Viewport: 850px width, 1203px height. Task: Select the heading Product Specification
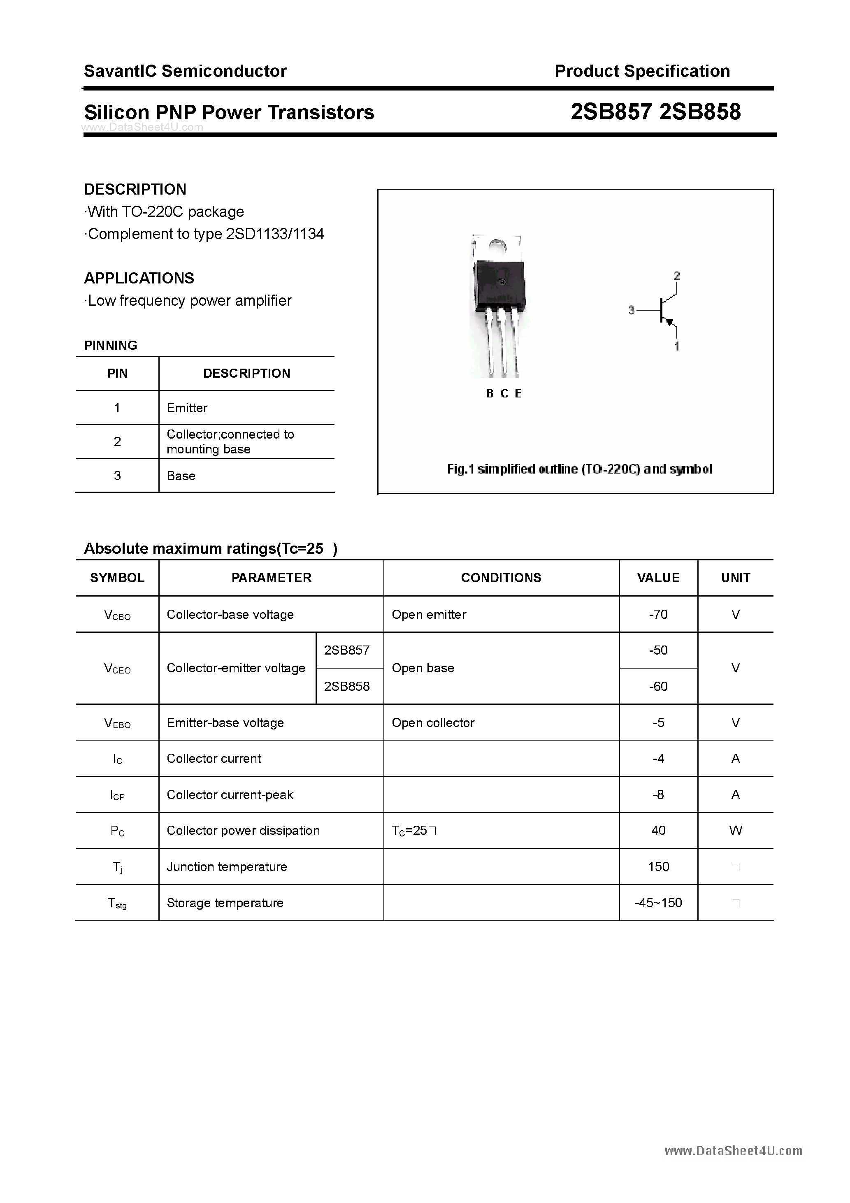(x=642, y=71)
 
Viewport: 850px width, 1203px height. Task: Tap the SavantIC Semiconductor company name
(x=185, y=71)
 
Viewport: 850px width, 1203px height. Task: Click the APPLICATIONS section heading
(x=139, y=278)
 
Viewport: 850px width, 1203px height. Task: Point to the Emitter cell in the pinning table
(x=187, y=408)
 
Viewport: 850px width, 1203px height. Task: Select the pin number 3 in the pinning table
(x=117, y=476)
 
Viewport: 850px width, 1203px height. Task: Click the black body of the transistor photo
(x=499, y=286)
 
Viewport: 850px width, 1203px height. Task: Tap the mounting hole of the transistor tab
(x=497, y=247)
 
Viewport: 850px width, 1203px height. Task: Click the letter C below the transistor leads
(x=504, y=393)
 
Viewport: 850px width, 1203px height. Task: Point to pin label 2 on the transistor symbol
(x=676, y=276)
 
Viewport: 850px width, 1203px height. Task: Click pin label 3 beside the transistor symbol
(x=632, y=310)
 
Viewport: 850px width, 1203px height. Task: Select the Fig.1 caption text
(x=579, y=469)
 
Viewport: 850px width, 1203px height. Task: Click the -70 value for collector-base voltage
(x=658, y=614)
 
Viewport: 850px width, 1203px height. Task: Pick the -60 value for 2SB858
(x=658, y=686)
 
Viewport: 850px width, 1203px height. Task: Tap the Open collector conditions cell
(x=433, y=722)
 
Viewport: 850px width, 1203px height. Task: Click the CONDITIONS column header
(x=501, y=577)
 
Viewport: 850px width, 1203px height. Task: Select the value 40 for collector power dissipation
(x=658, y=831)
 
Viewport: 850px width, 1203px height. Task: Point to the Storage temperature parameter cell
(x=225, y=903)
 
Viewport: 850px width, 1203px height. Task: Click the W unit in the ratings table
(x=735, y=831)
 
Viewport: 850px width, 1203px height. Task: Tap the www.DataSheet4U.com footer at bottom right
(x=733, y=1151)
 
